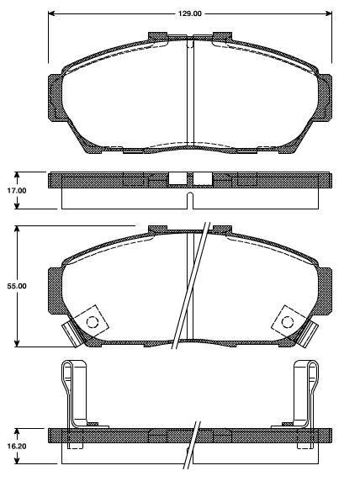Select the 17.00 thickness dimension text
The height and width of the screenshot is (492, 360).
tap(17, 191)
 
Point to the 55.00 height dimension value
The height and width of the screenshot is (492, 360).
tap(17, 287)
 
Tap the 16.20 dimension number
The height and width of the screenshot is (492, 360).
tap(17, 447)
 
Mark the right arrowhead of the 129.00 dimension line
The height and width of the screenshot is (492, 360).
tap(329, 14)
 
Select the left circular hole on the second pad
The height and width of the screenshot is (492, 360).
tap(93, 320)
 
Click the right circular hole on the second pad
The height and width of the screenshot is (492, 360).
tap(286, 320)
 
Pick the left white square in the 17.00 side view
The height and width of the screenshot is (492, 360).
tap(177, 178)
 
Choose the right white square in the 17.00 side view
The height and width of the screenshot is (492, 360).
tap(202, 178)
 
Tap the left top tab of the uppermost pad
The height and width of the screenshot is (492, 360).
tap(157, 36)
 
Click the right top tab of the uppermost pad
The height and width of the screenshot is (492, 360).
tap(222, 36)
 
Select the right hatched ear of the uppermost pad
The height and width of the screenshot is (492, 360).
tap(324, 94)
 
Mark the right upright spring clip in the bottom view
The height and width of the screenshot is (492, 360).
tap(306, 391)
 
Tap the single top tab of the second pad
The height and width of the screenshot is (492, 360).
tap(157, 229)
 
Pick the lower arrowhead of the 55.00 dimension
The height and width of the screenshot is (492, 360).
tap(19, 344)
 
